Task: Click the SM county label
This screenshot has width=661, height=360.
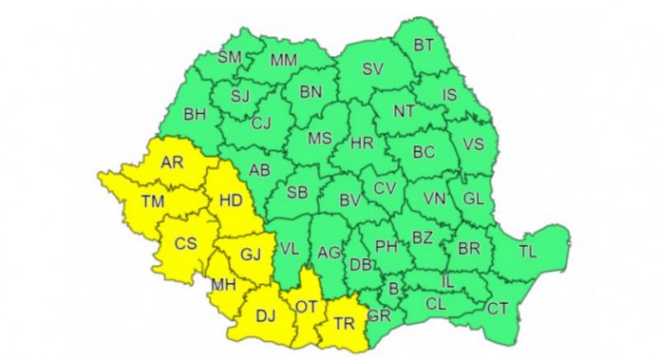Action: (230, 57)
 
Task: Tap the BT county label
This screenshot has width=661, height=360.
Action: (424, 45)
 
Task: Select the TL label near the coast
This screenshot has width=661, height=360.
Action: (527, 252)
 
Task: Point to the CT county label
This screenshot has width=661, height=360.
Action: (497, 308)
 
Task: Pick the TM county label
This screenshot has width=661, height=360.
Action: (150, 201)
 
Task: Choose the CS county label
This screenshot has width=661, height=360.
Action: (186, 243)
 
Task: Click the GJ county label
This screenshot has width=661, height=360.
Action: (250, 254)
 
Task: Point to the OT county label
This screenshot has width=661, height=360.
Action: (306, 306)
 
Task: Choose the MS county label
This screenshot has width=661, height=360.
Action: (320, 138)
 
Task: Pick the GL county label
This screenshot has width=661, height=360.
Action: (473, 199)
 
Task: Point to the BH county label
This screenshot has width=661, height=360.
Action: (195, 115)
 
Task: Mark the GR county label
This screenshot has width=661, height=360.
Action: (379, 314)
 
